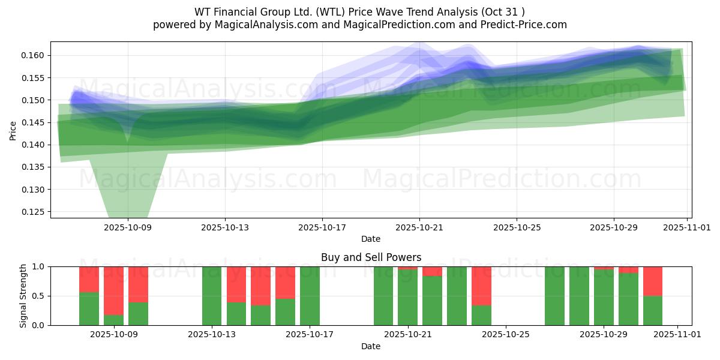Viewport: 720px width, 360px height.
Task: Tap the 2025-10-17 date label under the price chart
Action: click(322, 227)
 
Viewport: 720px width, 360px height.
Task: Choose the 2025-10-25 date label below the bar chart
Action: click(505, 334)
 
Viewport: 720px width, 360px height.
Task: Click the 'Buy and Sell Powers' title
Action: click(371, 257)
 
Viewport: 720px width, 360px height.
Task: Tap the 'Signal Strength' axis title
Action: click(23, 296)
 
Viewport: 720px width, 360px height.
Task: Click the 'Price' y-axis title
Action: click(13, 130)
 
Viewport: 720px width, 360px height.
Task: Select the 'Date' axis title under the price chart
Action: click(371, 239)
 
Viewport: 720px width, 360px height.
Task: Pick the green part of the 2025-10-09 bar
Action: click(113, 320)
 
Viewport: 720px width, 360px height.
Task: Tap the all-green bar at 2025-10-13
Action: click(212, 296)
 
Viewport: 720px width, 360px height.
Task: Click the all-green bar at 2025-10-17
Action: click(310, 296)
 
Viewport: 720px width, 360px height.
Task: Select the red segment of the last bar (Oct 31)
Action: click(653, 281)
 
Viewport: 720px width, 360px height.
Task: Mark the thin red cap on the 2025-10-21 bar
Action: click(407, 268)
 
